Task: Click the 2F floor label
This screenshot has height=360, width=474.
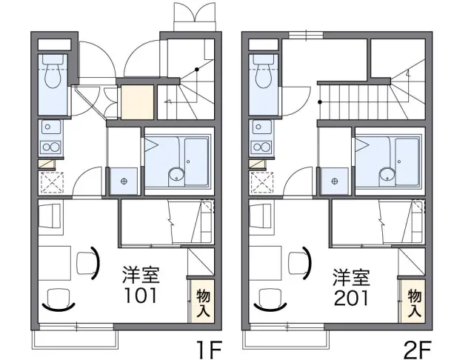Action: (x=418, y=350)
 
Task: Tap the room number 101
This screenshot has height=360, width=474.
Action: (x=141, y=296)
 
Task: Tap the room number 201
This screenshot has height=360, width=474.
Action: (x=351, y=298)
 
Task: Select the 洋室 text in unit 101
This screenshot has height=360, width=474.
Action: (x=141, y=275)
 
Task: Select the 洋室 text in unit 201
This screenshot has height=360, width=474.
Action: (x=351, y=277)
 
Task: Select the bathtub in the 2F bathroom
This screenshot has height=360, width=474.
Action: (x=407, y=161)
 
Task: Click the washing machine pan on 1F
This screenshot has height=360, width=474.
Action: (x=124, y=181)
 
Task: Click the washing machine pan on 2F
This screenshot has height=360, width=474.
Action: (x=334, y=181)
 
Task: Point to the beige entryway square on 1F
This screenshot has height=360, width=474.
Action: (x=137, y=102)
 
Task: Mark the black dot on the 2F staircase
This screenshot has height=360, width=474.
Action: (x=320, y=102)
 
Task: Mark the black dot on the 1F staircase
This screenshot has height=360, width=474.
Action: (x=197, y=69)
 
